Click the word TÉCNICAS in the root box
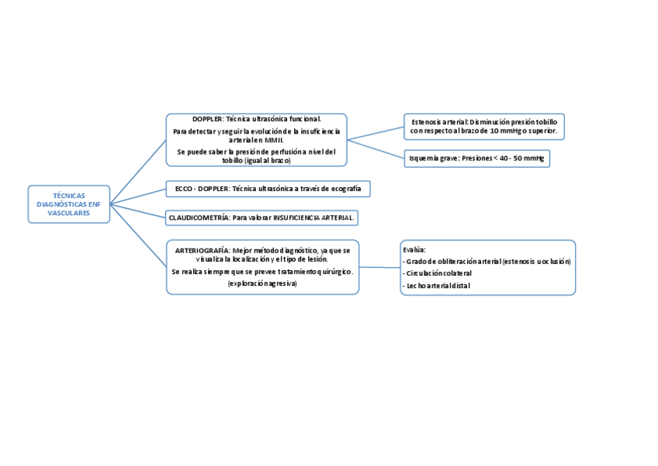69,196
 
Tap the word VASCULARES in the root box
69,213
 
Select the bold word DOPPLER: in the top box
208,119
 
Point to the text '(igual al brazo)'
267,160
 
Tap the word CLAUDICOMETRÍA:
199,218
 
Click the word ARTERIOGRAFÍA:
202,251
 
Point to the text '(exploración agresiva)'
262,283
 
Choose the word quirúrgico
331,272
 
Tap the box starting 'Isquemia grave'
476,158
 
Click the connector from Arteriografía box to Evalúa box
379,267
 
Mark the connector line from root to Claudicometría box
138,210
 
